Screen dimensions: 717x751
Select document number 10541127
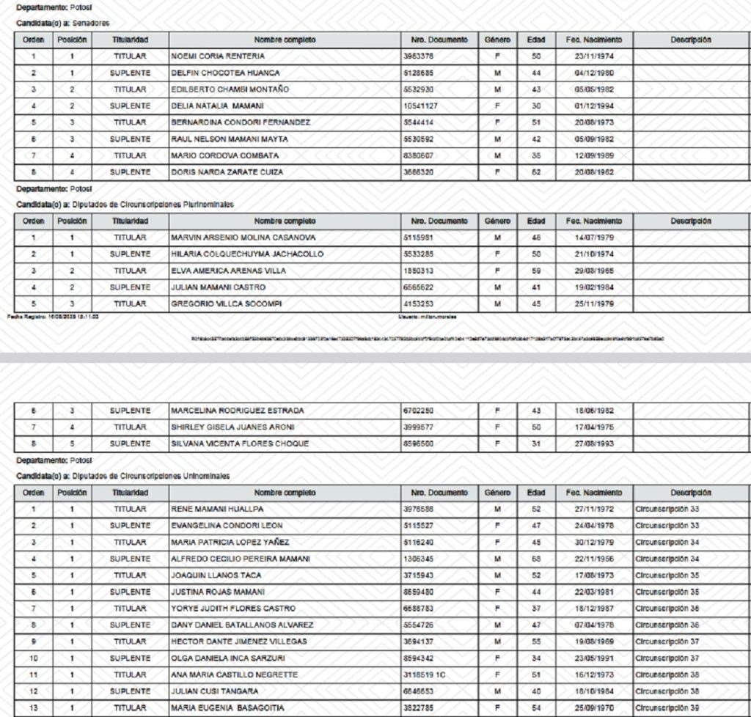421,106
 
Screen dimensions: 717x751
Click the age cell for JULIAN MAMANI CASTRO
535,287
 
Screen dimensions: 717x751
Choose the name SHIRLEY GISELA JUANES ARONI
229,427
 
